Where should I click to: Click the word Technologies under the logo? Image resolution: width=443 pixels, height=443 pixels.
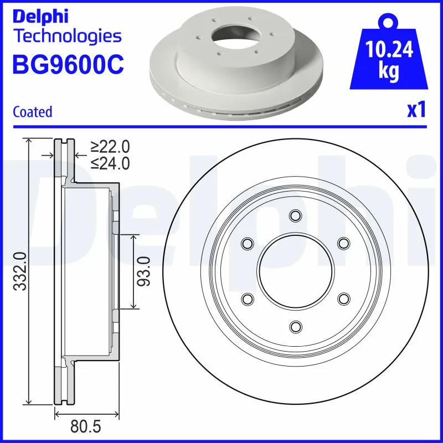[x=66, y=37]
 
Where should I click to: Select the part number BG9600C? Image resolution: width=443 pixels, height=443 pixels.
[x=68, y=64]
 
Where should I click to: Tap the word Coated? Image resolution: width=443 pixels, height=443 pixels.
[x=32, y=111]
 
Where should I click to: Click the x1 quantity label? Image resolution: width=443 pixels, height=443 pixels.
[x=416, y=110]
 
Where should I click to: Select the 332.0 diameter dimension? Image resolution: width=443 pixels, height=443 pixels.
[x=20, y=271]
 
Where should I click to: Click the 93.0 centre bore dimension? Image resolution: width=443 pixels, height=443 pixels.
[x=146, y=271]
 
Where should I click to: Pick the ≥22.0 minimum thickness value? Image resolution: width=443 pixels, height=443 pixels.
[x=110, y=147]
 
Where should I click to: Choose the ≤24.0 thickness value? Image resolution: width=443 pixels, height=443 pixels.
[x=110, y=163]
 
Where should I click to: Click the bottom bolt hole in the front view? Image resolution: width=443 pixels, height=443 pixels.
[x=296, y=326]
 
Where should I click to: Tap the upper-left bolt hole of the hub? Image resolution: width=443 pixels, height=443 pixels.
[x=248, y=243]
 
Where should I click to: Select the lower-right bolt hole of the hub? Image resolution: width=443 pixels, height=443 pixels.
[x=344, y=298]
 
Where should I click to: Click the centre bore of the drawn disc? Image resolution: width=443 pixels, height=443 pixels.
[x=296, y=271]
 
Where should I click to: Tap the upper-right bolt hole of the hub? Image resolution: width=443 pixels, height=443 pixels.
[x=344, y=243]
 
